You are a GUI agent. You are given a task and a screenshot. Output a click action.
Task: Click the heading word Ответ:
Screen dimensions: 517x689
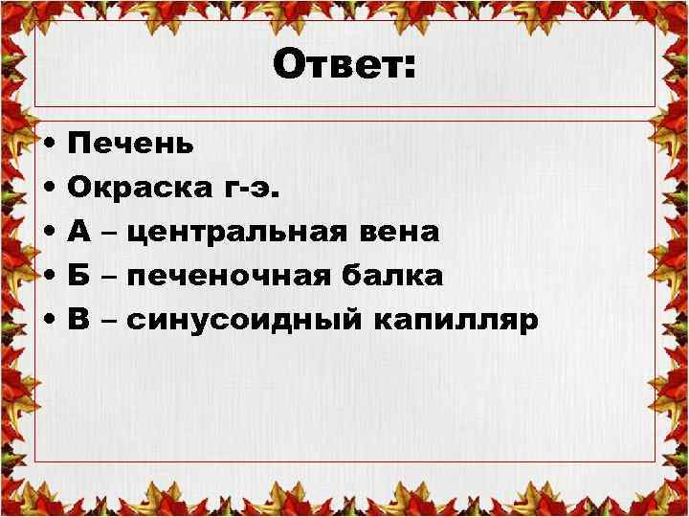(x=344, y=66)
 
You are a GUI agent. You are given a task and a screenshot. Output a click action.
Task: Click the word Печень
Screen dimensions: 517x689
(x=131, y=145)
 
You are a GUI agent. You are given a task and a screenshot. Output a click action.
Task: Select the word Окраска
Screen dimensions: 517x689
(x=130, y=189)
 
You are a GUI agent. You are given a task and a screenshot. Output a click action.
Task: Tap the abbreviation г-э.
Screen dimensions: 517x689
(x=252, y=189)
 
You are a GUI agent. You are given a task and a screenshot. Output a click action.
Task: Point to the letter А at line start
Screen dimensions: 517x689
(x=80, y=233)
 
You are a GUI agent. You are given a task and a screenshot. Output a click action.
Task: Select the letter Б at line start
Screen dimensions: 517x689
(x=80, y=277)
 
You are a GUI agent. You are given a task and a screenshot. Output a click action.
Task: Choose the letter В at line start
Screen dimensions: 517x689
(x=80, y=320)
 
